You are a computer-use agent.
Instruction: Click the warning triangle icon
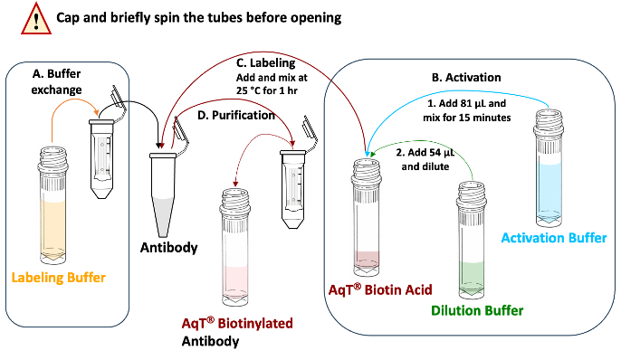[x=36, y=19]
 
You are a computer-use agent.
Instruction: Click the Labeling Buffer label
[x=59, y=277]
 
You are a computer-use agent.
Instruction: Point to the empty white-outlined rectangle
[x=273, y=75]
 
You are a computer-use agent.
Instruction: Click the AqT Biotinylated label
[x=237, y=323]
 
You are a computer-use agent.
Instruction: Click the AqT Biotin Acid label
[x=379, y=289]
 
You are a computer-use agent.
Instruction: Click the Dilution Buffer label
[x=477, y=310]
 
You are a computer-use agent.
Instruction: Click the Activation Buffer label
[x=554, y=239]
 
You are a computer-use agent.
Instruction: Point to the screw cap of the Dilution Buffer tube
[x=473, y=189]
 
